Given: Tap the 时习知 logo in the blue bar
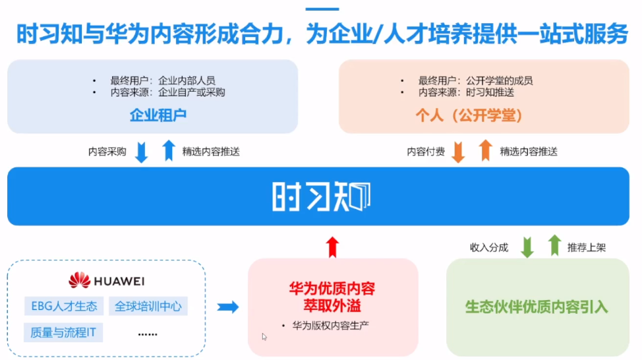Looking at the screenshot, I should pyautogui.click(x=321, y=196).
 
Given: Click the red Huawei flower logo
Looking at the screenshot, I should pyautogui.click(x=79, y=280).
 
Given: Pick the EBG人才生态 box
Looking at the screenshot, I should pyautogui.click(x=64, y=306).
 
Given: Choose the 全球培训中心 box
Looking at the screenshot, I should pyautogui.click(x=148, y=306).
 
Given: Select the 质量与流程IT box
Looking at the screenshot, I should pyautogui.click(x=63, y=332).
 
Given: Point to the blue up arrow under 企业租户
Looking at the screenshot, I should pyautogui.click(x=169, y=151).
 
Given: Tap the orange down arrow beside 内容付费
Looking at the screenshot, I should pyautogui.click(x=459, y=152).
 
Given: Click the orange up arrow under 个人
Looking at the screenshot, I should pyautogui.click(x=486, y=151).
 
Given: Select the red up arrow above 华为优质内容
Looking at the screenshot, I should pyautogui.click(x=332, y=246).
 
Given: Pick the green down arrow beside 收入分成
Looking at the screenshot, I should pyautogui.click(x=527, y=247).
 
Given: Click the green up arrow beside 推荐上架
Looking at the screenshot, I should pyautogui.click(x=554, y=246).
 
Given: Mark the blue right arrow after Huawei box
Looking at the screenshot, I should pyautogui.click(x=227, y=307).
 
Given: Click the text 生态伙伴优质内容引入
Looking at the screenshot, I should pyautogui.click(x=537, y=307).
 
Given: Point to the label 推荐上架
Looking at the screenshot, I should pyautogui.click(x=586, y=248).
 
